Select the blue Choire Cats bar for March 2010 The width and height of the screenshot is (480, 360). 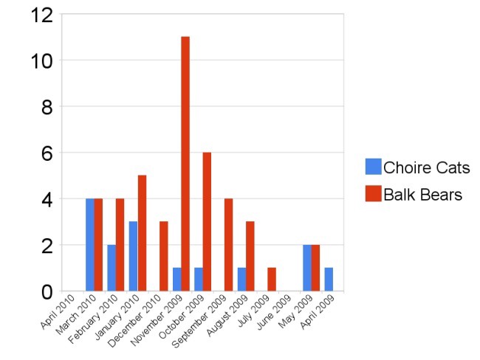pos(90,245)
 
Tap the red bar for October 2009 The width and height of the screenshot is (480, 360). pos(207,221)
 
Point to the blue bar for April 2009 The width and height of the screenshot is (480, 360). pos(329,280)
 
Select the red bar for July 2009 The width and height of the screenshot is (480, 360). pos(272,280)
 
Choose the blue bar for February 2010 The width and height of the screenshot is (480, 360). pos(112,268)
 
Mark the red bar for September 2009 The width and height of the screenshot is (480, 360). pos(229,245)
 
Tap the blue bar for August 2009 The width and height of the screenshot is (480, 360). pos(242,280)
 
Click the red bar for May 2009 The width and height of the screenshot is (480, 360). pos(315,268)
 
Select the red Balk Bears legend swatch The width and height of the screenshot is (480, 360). pos(373,195)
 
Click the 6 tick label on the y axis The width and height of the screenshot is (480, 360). pos(46,153)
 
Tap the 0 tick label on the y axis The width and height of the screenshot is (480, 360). pos(46,292)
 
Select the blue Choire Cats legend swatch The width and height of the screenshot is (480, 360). pos(373,167)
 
